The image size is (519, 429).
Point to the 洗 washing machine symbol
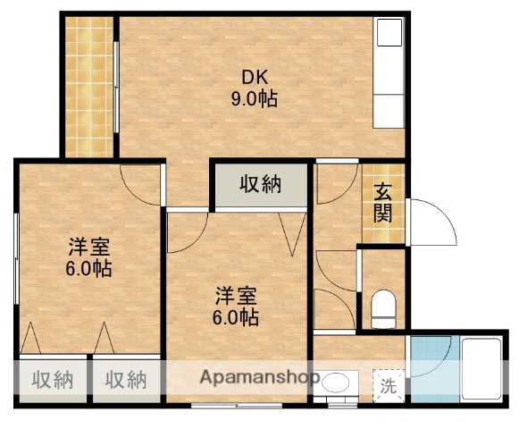tap(389, 386)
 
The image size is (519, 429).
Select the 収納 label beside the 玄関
tap(261, 185)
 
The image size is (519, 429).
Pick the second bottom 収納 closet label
tap(126, 380)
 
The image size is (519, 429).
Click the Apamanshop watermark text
tap(260, 377)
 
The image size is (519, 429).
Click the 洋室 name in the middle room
tap(238, 294)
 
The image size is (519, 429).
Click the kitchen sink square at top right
tap(389, 33)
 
